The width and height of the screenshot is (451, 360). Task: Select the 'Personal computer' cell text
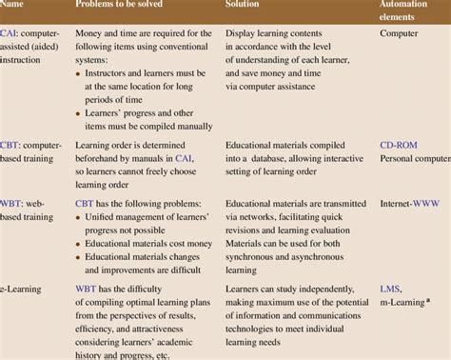click(415, 162)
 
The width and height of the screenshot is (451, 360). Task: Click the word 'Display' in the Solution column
click(243, 32)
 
